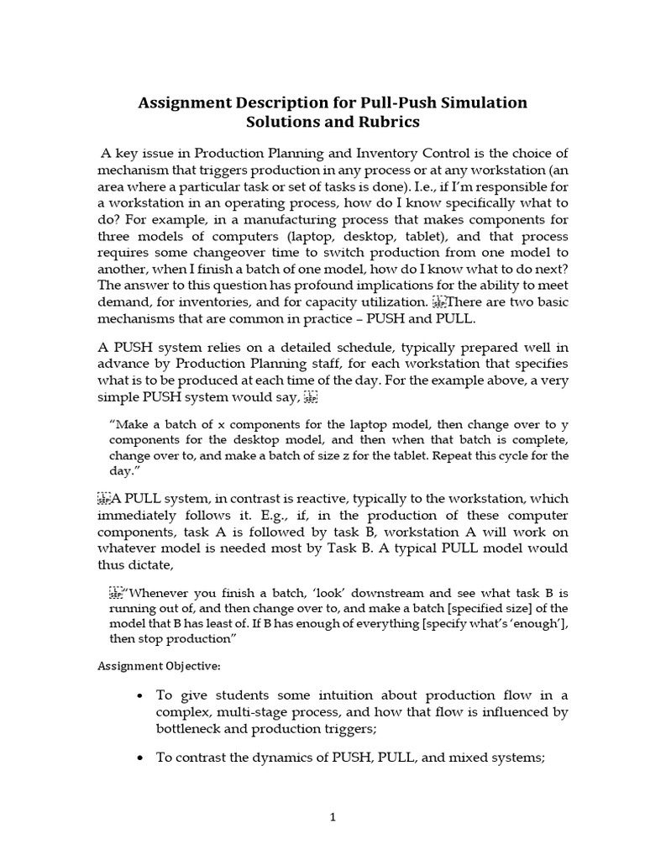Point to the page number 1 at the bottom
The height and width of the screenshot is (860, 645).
[x=333, y=826]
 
